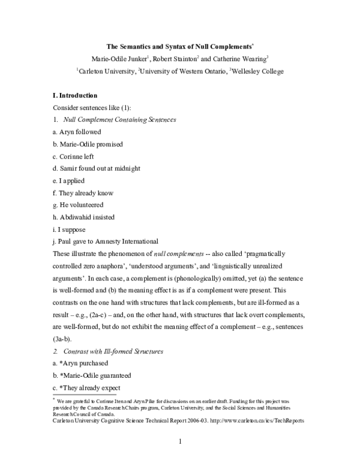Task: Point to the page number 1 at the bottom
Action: [180, 443]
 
